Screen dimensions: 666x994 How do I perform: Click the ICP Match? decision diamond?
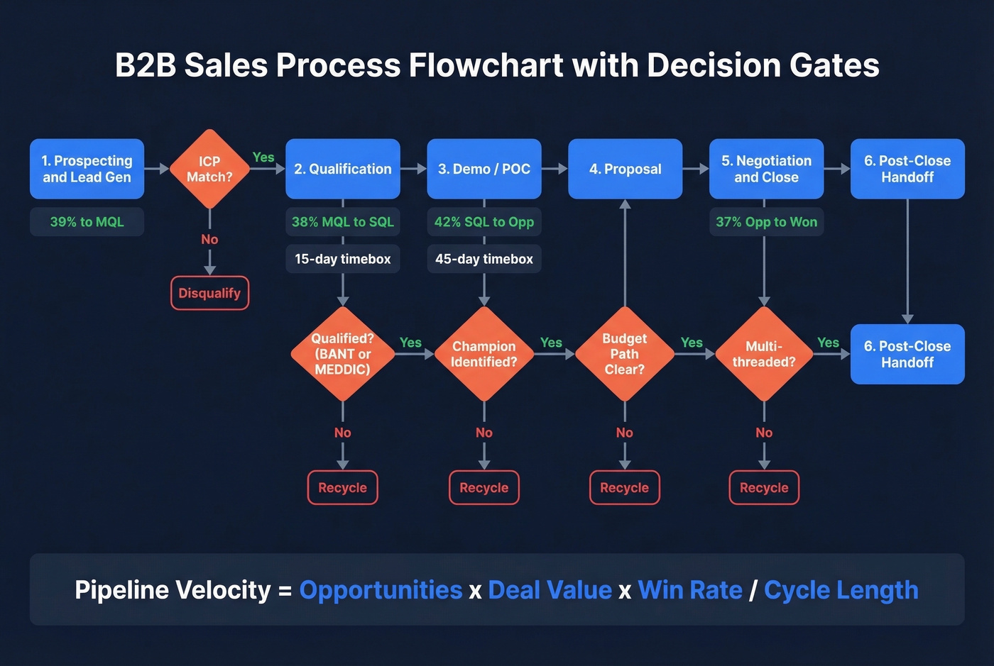209,169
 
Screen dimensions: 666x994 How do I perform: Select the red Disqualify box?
209,293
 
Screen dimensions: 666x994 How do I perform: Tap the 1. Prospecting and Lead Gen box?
87,169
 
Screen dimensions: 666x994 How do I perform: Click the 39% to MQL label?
87,222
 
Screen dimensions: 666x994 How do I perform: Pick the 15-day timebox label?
342,259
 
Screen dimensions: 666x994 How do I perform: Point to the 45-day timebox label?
484,259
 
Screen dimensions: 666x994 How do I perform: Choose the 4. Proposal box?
625,169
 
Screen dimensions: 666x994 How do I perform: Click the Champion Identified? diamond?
484,354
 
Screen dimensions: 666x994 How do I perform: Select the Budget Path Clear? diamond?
625,354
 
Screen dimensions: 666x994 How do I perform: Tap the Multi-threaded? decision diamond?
764,354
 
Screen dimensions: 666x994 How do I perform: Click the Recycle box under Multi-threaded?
764,488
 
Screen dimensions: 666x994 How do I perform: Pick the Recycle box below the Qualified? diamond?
342,488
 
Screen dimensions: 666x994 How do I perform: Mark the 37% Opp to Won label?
766,222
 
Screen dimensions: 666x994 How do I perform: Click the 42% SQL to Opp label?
484,222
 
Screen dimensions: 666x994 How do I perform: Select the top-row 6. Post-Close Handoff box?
907,169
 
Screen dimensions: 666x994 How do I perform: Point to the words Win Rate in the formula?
689,590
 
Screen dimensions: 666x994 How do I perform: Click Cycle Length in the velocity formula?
841,590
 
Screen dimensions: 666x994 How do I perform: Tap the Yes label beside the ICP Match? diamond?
263,157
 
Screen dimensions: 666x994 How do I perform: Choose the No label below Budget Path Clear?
625,433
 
